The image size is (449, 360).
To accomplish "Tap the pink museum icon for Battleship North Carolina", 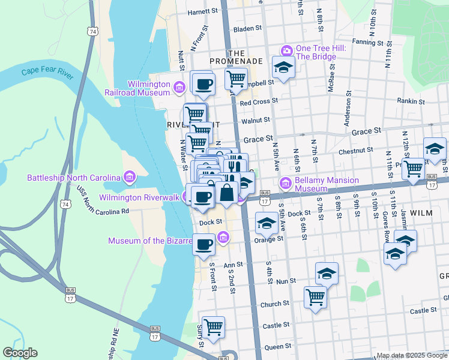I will [129, 177].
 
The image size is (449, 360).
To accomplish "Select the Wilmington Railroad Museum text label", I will [148, 88].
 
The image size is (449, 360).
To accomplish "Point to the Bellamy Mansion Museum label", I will [327, 184].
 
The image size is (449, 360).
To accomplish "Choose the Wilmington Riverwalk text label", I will [139, 197].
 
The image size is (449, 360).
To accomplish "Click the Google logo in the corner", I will [20, 353].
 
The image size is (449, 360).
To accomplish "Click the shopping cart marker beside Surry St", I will [213, 327].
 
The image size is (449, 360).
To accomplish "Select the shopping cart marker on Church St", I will [315, 297].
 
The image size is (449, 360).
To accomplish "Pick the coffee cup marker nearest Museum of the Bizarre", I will [204, 244].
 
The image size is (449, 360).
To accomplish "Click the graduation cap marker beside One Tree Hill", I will [283, 67].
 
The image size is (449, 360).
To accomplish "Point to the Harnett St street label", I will [202, 11].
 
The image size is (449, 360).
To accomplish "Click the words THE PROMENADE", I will [237, 57].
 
